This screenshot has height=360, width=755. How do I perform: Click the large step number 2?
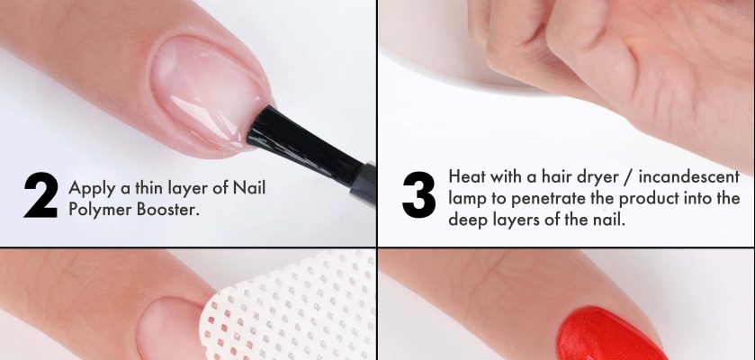40,195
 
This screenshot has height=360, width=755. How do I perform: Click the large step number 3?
419,195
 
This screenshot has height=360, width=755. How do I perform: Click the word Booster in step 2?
168,209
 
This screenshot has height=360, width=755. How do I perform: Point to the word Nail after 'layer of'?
249,187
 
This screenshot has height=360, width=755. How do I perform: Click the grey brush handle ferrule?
364,184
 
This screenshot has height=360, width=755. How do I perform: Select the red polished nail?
610,336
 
